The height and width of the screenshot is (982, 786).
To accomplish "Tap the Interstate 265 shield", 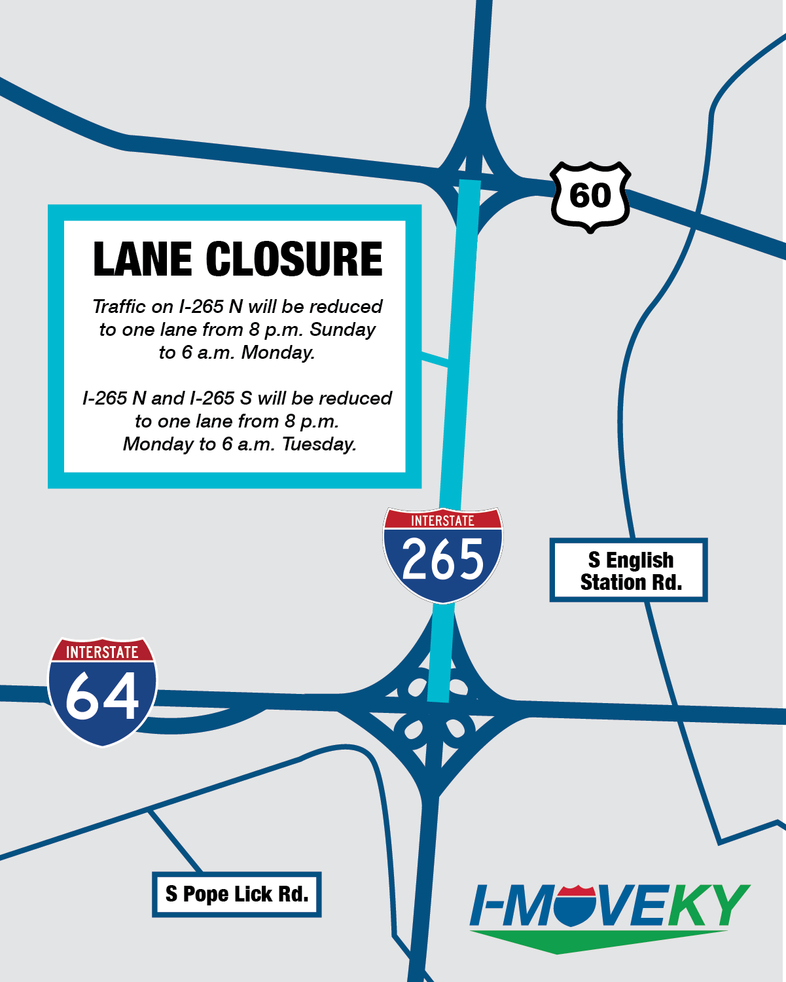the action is tap(443, 555).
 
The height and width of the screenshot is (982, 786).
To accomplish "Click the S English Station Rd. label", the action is tap(629, 570).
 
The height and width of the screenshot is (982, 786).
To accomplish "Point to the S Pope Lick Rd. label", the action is tap(237, 894).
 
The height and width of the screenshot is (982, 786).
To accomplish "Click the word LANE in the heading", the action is tap(142, 259).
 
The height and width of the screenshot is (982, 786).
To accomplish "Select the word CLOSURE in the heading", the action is tap(294, 259).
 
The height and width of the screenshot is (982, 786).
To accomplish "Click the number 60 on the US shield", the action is tap(590, 196).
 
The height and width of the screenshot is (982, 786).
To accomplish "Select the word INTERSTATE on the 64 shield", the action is tap(102, 652).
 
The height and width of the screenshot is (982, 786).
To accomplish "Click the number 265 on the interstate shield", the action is tap(443, 560).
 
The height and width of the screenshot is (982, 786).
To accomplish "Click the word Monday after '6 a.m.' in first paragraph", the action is tap(277, 352).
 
